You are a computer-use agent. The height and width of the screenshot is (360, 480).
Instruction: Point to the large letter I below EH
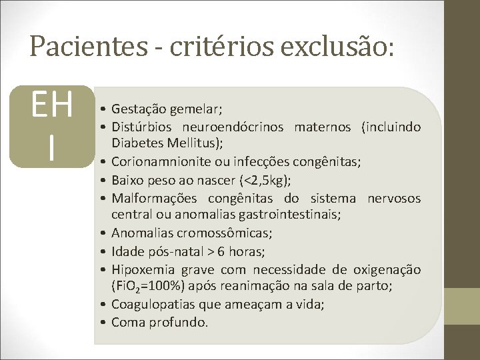pyautogui.click(x=51, y=148)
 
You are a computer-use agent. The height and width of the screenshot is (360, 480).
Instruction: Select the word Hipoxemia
pyautogui.click(x=141, y=269)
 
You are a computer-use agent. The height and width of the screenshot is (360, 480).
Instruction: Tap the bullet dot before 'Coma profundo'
pyautogui.click(x=106, y=323)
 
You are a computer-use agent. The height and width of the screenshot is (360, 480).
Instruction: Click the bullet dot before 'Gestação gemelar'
pyautogui.click(x=106, y=109)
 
